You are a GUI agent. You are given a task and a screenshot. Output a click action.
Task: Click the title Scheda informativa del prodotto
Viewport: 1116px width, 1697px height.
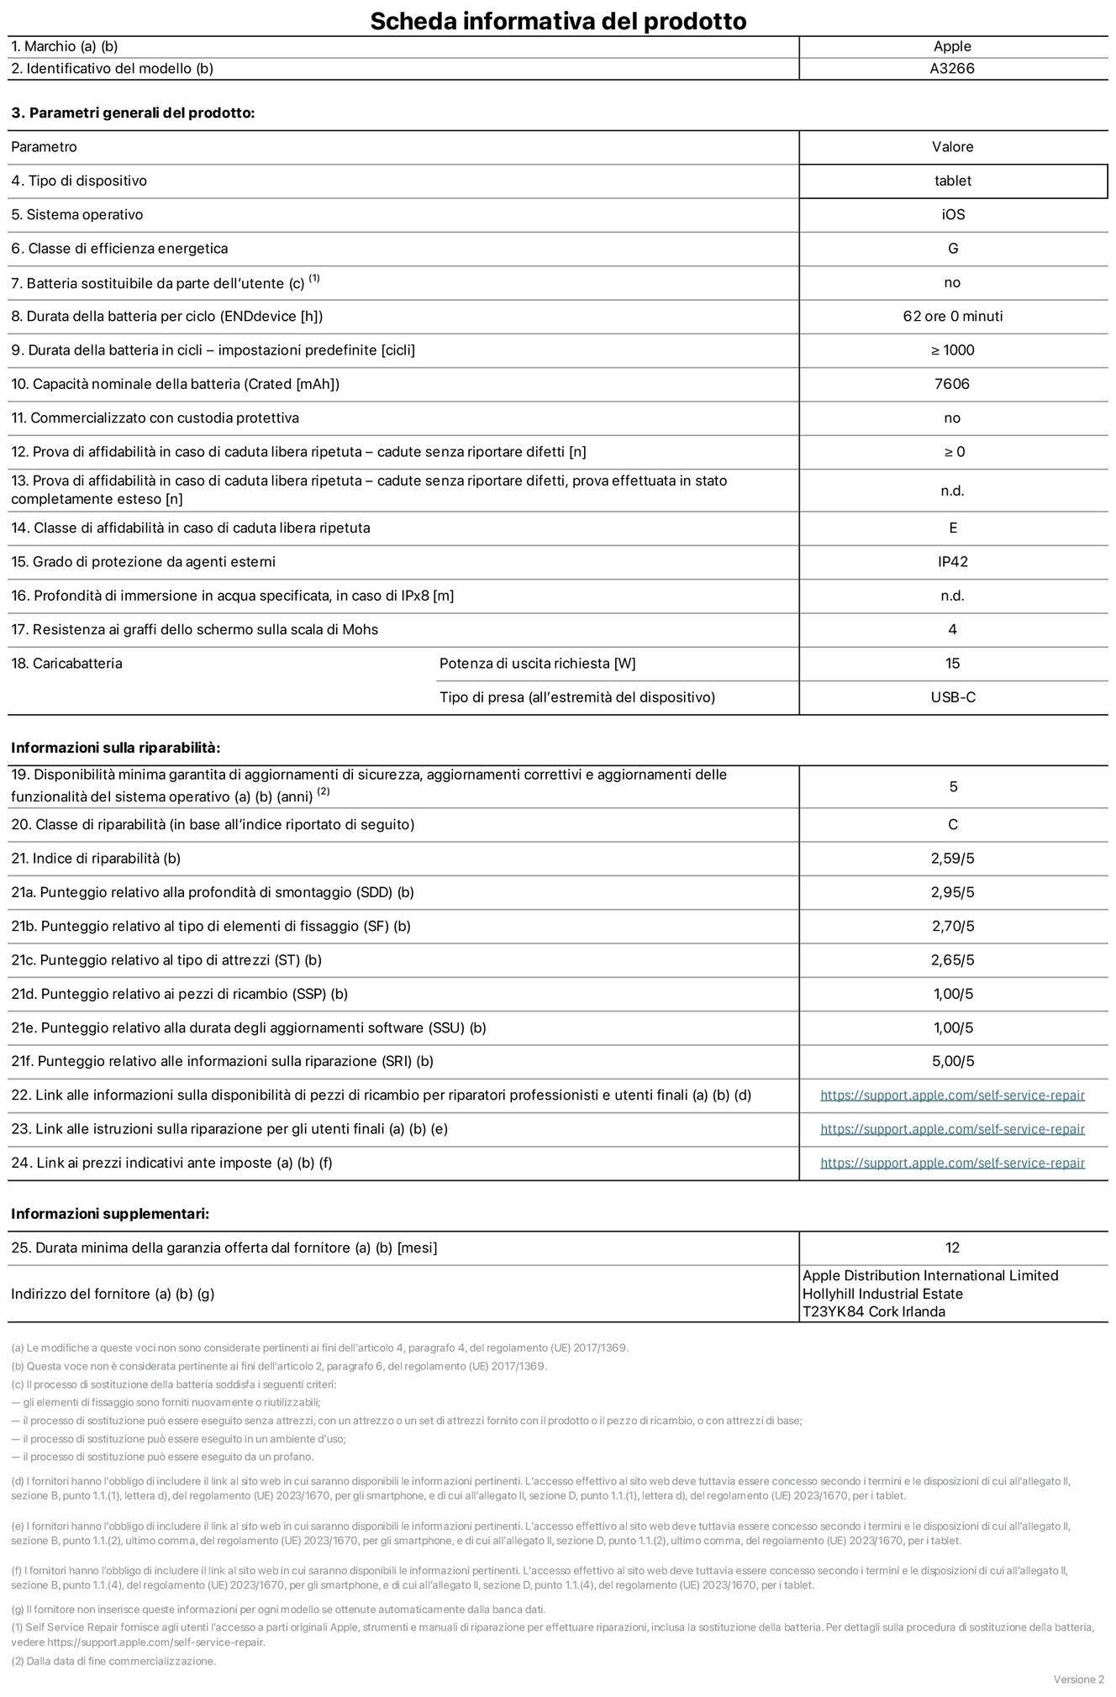click(x=558, y=20)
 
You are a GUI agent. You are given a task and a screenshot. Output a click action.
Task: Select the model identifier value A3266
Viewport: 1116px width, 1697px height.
click(x=952, y=69)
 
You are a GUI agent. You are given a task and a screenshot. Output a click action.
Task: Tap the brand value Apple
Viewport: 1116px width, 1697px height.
click(x=952, y=47)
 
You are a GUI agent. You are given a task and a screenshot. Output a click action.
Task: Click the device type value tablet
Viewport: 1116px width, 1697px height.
click(x=952, y=181)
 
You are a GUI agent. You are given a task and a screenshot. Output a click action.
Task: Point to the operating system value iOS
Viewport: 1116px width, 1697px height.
click(x=952, y=215)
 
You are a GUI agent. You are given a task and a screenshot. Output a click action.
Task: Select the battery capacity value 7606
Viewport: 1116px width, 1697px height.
click(x=952, y=384)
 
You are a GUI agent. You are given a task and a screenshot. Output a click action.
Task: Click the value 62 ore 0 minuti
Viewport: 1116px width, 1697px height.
click(x=952, y=317)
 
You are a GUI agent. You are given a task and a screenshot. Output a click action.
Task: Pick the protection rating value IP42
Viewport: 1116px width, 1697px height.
click(x=952, y=562)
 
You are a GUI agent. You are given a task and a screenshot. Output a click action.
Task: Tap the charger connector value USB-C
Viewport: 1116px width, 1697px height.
click(x=952, y=697)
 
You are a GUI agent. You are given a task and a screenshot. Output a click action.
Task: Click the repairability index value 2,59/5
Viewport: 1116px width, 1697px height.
click(x=952, y=859)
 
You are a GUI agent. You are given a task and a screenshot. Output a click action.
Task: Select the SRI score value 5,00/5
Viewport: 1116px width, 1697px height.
click(x=952, y=1061)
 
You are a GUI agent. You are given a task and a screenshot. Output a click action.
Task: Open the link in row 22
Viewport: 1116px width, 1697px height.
click(x=952, y=1095)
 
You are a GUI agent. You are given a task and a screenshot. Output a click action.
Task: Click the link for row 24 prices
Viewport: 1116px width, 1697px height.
click(x=952, y=1163)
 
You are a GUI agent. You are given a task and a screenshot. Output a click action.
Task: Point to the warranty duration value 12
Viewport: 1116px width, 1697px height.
click(x=952, y=1248)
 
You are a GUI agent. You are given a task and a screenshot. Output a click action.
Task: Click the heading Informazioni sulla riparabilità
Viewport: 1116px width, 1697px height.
click(x=115, y=748)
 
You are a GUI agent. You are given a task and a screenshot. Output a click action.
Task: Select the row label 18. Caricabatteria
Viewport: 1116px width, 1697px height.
click(x=66, y=664)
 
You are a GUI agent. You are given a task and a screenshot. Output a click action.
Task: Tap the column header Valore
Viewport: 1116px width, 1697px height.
click(x=952, y=147)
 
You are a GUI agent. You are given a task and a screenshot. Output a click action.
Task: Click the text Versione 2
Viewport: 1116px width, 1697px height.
click(x=1078, y=1679)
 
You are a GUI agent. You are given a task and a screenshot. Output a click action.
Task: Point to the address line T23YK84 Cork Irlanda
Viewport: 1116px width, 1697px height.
click(x=873, y=1311)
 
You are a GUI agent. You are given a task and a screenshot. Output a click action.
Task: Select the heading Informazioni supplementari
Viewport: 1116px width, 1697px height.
click(x=110, y=1214)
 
